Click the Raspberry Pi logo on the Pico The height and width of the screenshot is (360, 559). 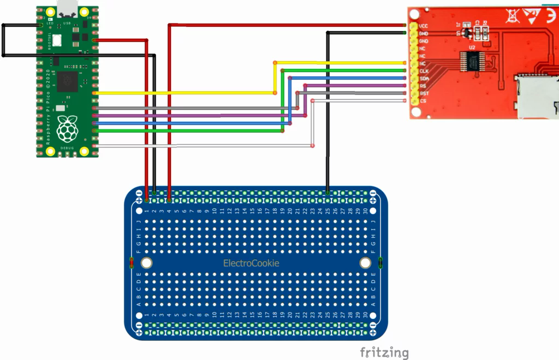[67, 129]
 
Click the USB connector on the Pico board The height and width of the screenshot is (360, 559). [68, 8]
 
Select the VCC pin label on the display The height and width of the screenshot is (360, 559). [423, 26]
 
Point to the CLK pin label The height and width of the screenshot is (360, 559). [424, 71]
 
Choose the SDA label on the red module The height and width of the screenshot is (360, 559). [424, 79]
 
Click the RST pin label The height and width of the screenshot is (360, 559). [424, 93]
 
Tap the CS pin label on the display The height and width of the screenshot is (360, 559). [423, 101]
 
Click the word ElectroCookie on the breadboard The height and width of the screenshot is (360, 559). [251, 263]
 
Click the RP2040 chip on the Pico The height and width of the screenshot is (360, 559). [68, 81]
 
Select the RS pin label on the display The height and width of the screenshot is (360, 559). [423, 86]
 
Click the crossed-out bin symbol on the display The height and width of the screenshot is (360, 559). [512, 16]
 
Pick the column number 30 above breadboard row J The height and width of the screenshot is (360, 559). [358, 211]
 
